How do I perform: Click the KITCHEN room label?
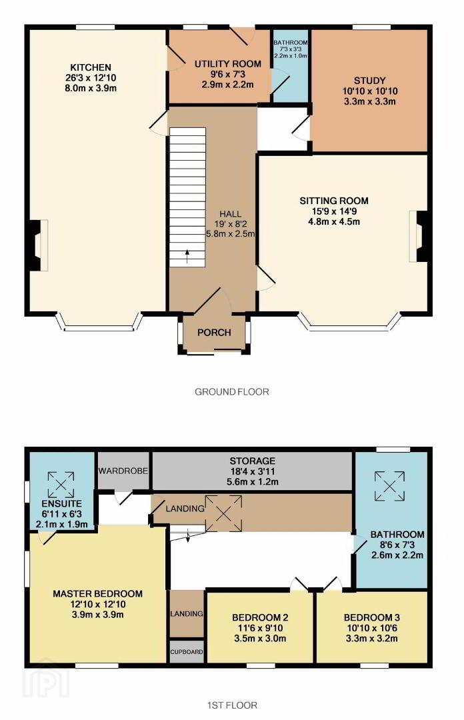(91, 67)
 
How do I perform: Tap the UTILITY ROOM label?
(228, 64)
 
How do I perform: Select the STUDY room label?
(370, 81)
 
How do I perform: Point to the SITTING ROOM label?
(334, 201)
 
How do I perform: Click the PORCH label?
(214, 333)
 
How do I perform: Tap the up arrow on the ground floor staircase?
(187, 255)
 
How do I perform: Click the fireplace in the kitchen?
(38, 245)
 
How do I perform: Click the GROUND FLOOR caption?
(232, 392)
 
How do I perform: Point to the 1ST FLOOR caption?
(232, 705)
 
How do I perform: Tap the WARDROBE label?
(123, 471)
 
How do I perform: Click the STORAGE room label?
(253, 461)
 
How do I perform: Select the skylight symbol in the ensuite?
(61, 485)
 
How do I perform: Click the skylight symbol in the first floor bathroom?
(390, 486)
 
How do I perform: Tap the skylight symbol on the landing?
(223, 513)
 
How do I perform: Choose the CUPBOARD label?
(187, 651)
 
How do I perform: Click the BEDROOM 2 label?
(260, 617)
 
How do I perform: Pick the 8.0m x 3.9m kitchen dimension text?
(91, 88)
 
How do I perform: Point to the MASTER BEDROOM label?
(97, 594)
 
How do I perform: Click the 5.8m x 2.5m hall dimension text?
(231, 234)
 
